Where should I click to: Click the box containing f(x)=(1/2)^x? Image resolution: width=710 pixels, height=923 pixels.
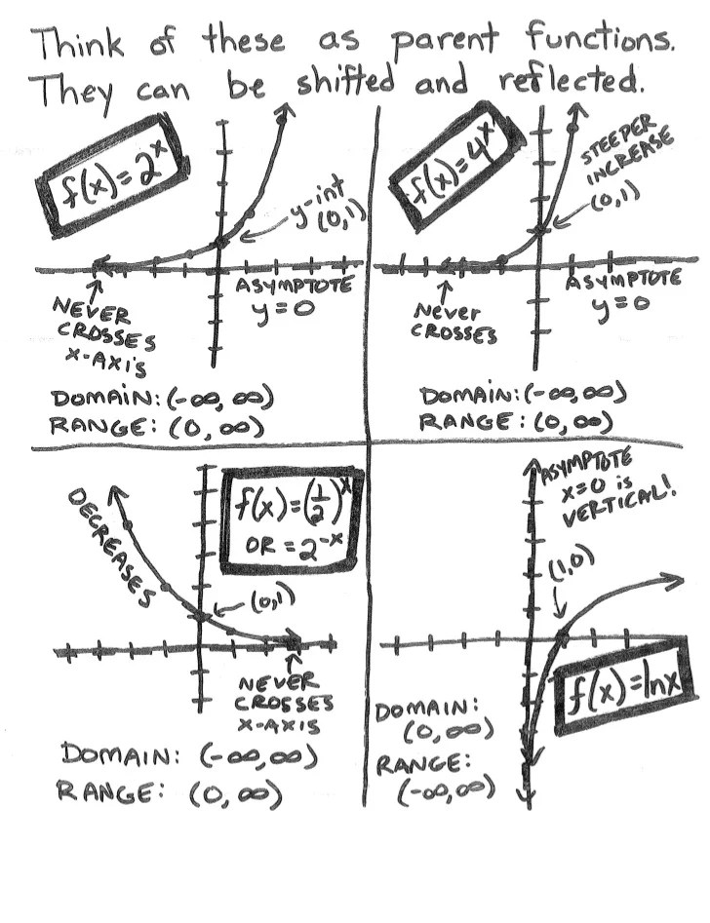click(x=291, y=521)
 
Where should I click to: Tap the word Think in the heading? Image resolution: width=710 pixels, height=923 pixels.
click(x=80, y=43)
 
